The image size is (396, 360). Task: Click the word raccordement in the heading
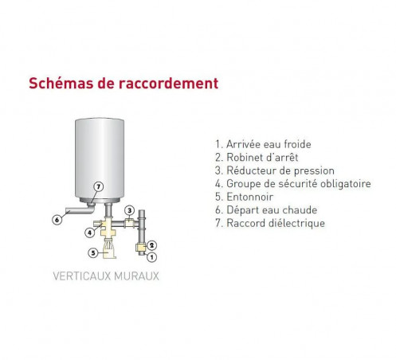[x=170, y=83]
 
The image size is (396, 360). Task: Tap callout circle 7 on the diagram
[x=98, y=188]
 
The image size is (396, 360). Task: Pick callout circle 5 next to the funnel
[x=93, y=253]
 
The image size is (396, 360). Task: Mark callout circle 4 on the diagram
[x=90, y=233]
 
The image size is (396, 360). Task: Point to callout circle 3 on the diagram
[x=129, y=210]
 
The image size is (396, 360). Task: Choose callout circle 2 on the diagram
[x=151, y=245]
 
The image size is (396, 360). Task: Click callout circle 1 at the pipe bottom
[x=151, y=257]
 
